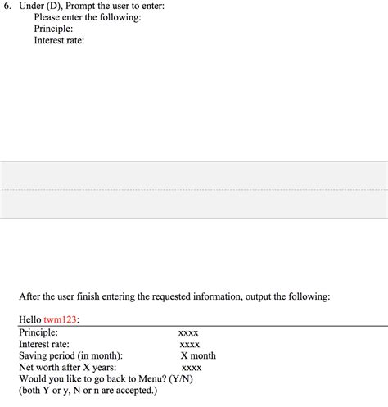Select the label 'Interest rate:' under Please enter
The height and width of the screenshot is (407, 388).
tap(59, 40)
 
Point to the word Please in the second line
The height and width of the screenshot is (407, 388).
tap(48, 17)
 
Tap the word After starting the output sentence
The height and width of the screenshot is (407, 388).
tap(32, 296)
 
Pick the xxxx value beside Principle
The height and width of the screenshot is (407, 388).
tap(188, 333)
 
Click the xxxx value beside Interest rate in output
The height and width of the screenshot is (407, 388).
tap(189, 345)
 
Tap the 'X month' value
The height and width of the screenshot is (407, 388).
tap(198, 356)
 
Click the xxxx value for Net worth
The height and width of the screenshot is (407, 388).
tap(192, 368)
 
